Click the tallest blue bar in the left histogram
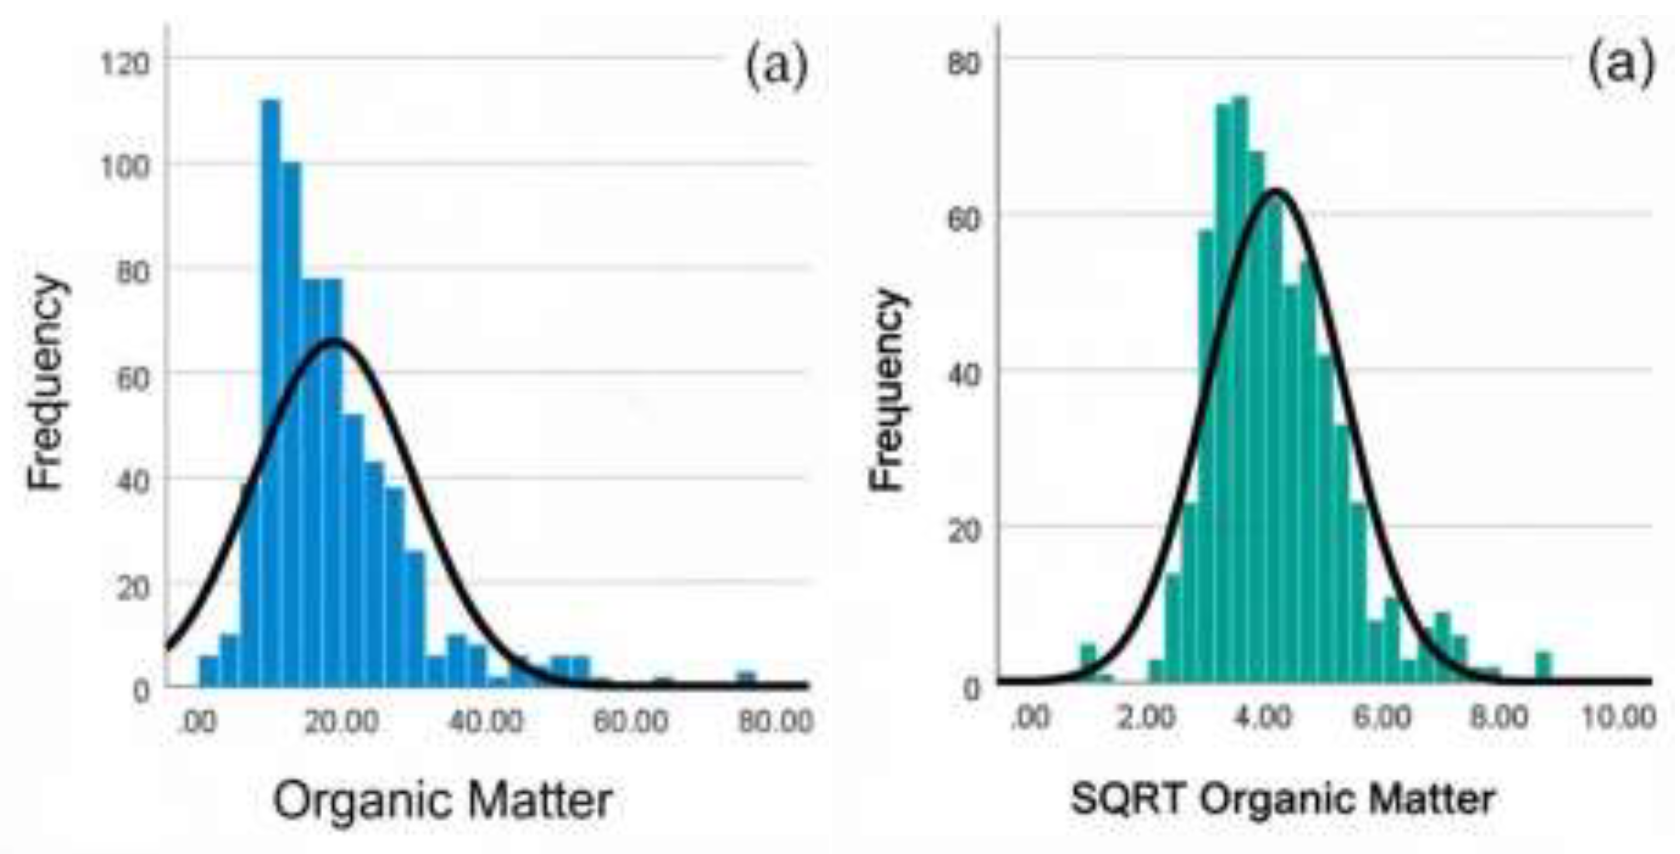[271, 391]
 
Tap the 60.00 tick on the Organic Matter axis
[630, 721]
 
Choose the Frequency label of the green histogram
[889, 390]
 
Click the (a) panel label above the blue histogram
[776, 65]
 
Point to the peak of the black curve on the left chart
[334, 341]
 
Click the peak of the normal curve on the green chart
[1275, 190]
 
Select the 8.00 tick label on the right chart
[1498, 718]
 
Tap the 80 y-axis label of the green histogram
[963, 64]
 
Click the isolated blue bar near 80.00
[746, 679]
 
